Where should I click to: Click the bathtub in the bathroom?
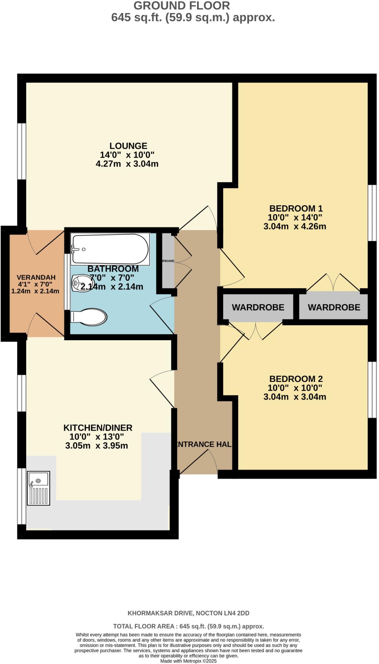[x=110, y=249]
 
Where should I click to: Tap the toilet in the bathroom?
[x=89, y=316]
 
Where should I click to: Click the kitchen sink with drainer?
[x=39, y=488]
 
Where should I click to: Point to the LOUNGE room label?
[x=128, y=146]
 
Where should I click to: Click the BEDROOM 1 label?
[x=296, y=208]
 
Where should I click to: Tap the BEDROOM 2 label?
[x=296, y=379]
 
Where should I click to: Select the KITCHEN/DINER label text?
[x=98, y=428]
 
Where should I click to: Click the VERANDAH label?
[x=36, y=278]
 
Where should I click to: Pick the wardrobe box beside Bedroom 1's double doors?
[x=334, y=307]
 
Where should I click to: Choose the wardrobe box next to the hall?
[x=258, y=307]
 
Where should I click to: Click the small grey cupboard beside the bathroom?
[x=168, y=260]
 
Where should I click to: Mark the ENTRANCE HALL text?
[x=203, y=444]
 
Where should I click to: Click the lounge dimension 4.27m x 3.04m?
[x=127, y=164]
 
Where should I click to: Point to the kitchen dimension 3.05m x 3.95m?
[x=97, y=446]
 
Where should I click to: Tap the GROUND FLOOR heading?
[x=182, y=6]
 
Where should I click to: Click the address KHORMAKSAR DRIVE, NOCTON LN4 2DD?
[x=188, y=613]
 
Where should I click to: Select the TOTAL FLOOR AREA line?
[x=188, y=626]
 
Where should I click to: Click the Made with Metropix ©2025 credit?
[x=188, y=661]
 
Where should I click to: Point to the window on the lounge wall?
[x=21, y=151]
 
